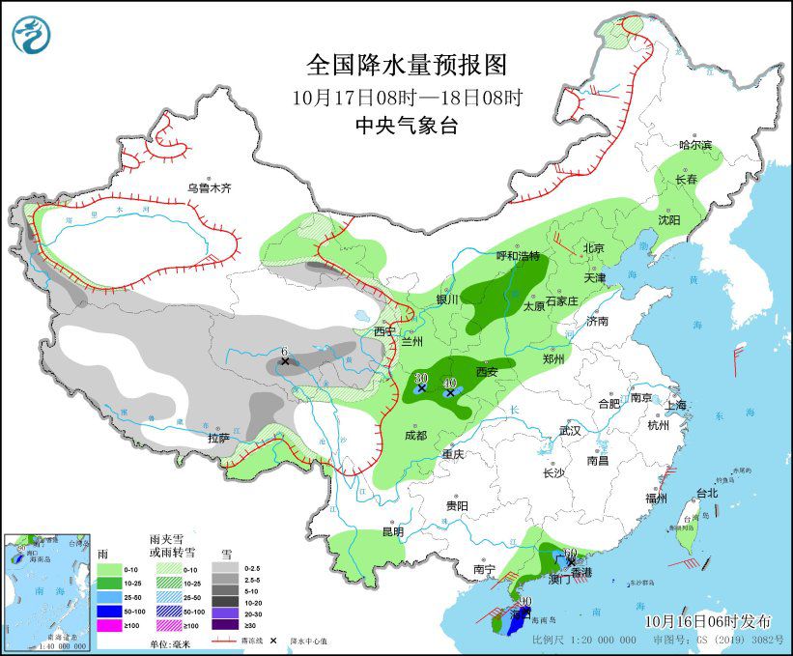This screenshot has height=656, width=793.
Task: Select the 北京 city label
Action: point(593,248)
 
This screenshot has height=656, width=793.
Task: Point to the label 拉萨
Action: point(218,438)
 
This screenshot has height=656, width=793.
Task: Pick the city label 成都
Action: point(415,436)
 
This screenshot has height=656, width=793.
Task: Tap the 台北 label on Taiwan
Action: point(706,494)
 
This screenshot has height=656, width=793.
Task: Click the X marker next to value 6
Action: point(285,361)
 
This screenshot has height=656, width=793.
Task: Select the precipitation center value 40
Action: point(449,384)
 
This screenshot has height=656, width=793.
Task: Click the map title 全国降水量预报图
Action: point(406,65)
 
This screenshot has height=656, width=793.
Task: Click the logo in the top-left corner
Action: point(31,36)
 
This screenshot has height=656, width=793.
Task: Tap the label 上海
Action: point(675,405)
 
